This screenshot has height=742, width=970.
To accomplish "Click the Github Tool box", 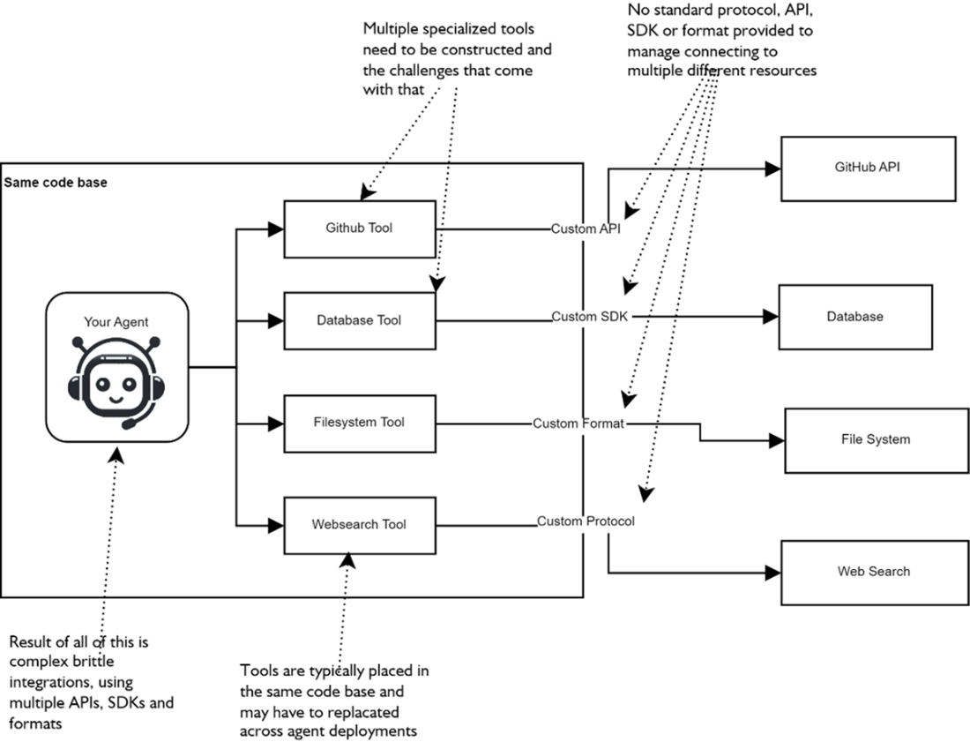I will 359,229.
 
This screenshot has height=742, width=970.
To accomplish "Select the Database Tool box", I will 359,320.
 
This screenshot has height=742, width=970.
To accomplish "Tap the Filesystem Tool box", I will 359,423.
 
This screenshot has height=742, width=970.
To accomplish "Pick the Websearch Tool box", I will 359,525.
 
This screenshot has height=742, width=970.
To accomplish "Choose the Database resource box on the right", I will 854,316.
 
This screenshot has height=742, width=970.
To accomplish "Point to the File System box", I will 875,439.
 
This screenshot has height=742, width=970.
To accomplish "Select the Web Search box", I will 873,572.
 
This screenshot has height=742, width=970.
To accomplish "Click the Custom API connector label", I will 586,229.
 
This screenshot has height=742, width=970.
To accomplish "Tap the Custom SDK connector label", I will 589,316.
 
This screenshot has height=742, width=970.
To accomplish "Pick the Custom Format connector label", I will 578,423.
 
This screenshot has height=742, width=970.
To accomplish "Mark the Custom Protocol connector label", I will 586,521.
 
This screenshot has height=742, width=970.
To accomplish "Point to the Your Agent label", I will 116,322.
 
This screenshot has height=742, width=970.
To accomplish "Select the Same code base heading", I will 56,184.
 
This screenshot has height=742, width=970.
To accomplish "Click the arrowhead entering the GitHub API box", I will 773,169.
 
